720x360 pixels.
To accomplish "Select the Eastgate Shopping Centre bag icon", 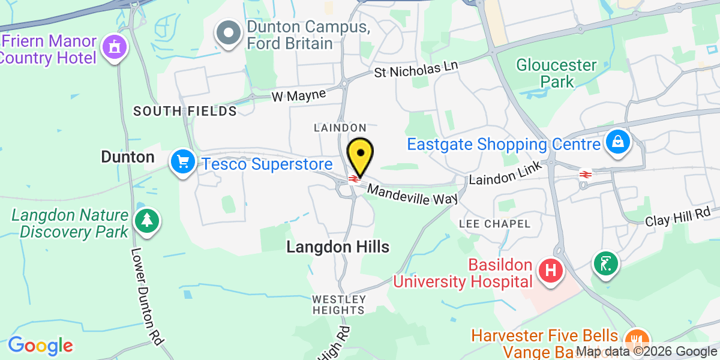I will point(617,143).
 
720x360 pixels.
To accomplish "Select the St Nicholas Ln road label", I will point(416,70).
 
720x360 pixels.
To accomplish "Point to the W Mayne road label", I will point(298,95).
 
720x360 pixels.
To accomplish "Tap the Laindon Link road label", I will point(506,174).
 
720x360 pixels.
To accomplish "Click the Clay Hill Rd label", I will point(677,217).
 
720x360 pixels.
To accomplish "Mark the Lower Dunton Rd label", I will point(146,296).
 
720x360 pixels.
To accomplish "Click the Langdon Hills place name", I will point(338,247).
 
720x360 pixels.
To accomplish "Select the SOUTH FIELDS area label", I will point(185,111).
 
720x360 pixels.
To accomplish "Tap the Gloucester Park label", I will point(556,73).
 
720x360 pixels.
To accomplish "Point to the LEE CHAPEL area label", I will point(494,224).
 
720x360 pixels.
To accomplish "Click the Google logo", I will point(40,346).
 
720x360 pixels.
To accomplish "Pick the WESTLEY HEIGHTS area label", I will point(339,304).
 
